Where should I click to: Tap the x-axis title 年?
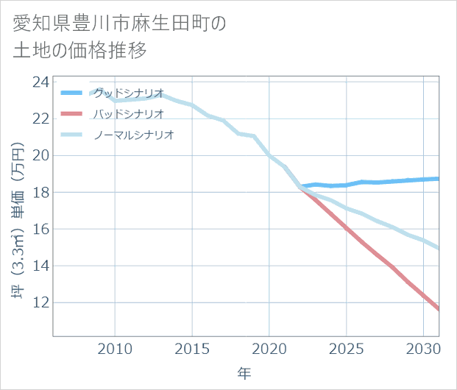click(244, 374)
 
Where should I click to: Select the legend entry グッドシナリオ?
click(130, 93)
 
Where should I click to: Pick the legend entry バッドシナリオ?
click(130, 114)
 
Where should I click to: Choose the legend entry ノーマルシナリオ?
click(135, 135)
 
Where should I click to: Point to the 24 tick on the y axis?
click(41, 82)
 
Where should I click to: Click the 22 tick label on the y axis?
click(41, 118)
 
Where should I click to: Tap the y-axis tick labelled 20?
click(41, 155)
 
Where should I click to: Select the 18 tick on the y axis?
click(41, 192)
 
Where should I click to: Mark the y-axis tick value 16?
click(41, 229)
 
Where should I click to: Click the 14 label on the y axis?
click(41, 266)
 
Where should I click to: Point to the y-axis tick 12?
click(41, 302)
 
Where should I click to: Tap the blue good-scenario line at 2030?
click(424, 180)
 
